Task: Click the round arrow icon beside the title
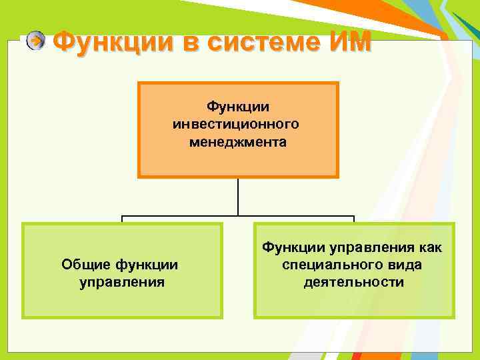coord(36,41)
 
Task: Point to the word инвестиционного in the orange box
coord(237,124)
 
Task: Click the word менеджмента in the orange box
coord(237,141)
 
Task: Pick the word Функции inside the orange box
coord(237,107)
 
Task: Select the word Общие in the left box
coord(85,265)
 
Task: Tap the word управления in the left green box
coord(121,282)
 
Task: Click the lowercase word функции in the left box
coord(146,265)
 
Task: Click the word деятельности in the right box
coord(353,282)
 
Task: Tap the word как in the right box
coord(431,247)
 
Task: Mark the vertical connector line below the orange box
coord(238,197)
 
